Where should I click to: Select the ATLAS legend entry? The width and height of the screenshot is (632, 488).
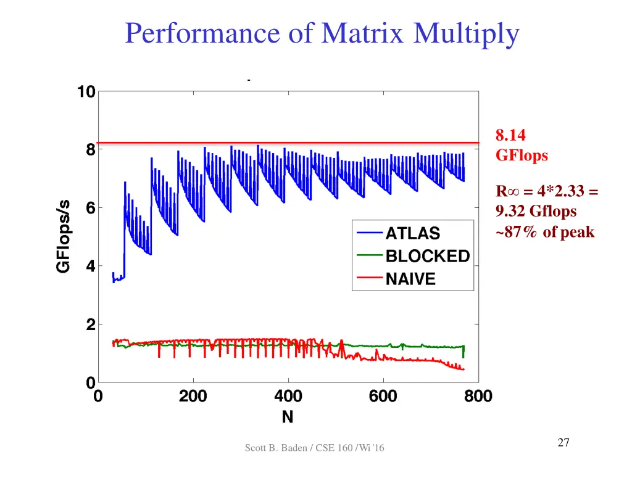tap(413, 233)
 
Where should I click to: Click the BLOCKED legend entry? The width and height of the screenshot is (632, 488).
tap(427, 256)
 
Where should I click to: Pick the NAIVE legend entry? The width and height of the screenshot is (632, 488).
tap(410, 279)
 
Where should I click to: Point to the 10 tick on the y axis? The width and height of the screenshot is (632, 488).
tap(86, 92)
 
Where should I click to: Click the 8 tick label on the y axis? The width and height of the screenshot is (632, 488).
tap(90, 149)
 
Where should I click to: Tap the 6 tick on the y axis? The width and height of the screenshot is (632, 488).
tap(90, 208)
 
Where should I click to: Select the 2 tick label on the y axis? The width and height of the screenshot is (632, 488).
tap(90, 325)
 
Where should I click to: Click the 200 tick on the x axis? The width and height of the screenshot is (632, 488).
tap(193, 396)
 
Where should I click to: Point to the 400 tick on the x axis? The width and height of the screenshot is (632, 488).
tap(288, 396)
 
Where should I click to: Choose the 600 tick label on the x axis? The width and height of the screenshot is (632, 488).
tap(383, 396)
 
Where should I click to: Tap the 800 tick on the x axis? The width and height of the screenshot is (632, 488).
tap(478, 396)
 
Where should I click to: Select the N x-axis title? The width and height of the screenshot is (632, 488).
tap(288, 418)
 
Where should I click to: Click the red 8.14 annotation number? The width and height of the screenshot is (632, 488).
tap(510, 134)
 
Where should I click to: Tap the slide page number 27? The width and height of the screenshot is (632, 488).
tap(563, 442)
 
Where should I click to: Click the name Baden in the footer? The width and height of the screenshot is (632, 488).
tap(296, 448)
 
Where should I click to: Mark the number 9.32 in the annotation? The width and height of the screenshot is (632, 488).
tap(510, 212)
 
